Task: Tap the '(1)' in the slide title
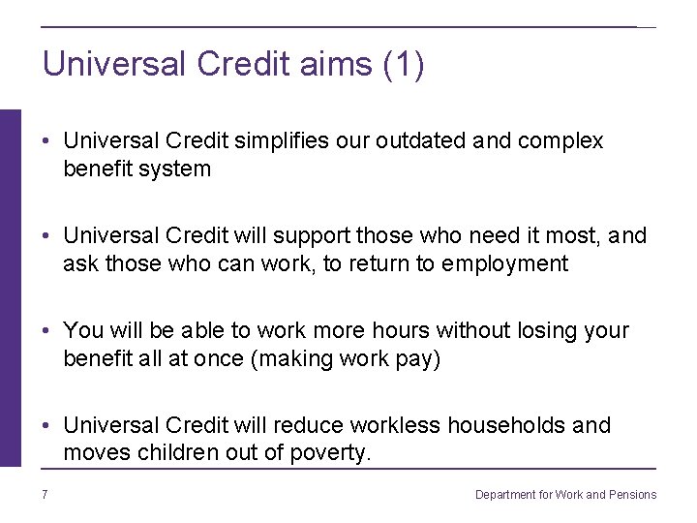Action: coord(404,65)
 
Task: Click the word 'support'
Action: coord(312,236)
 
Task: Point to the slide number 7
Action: coord(45,495)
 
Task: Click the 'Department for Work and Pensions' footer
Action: coord(565,495)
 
